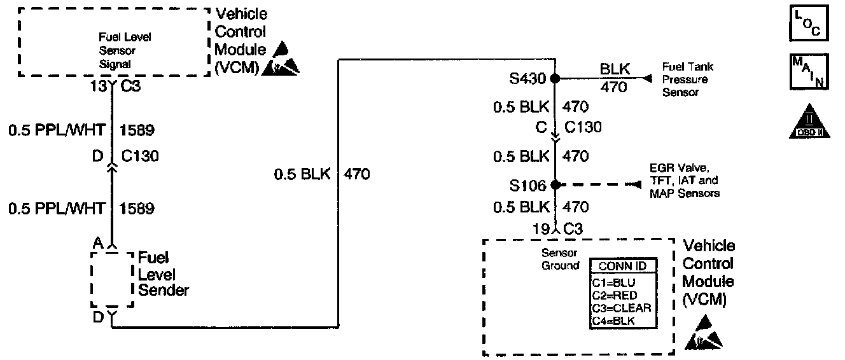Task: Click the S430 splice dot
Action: pyautogui.click(x=555, y=79)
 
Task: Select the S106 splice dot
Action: pyautogui.click(x=555, y=185)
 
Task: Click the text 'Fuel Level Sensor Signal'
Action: pyautogui.click(x=116, y=50)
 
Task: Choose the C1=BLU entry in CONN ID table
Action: pyautogui.click(x=615, y=282)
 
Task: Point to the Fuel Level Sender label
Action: pyautogui.click(x=163, y=275)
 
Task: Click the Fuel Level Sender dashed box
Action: pyautogui.click(x=112, y=279)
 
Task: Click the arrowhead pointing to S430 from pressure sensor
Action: pyautogui.click(x=648, y=78)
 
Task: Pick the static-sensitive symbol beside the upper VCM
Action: pyautogui.click(x=282, y=59)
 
